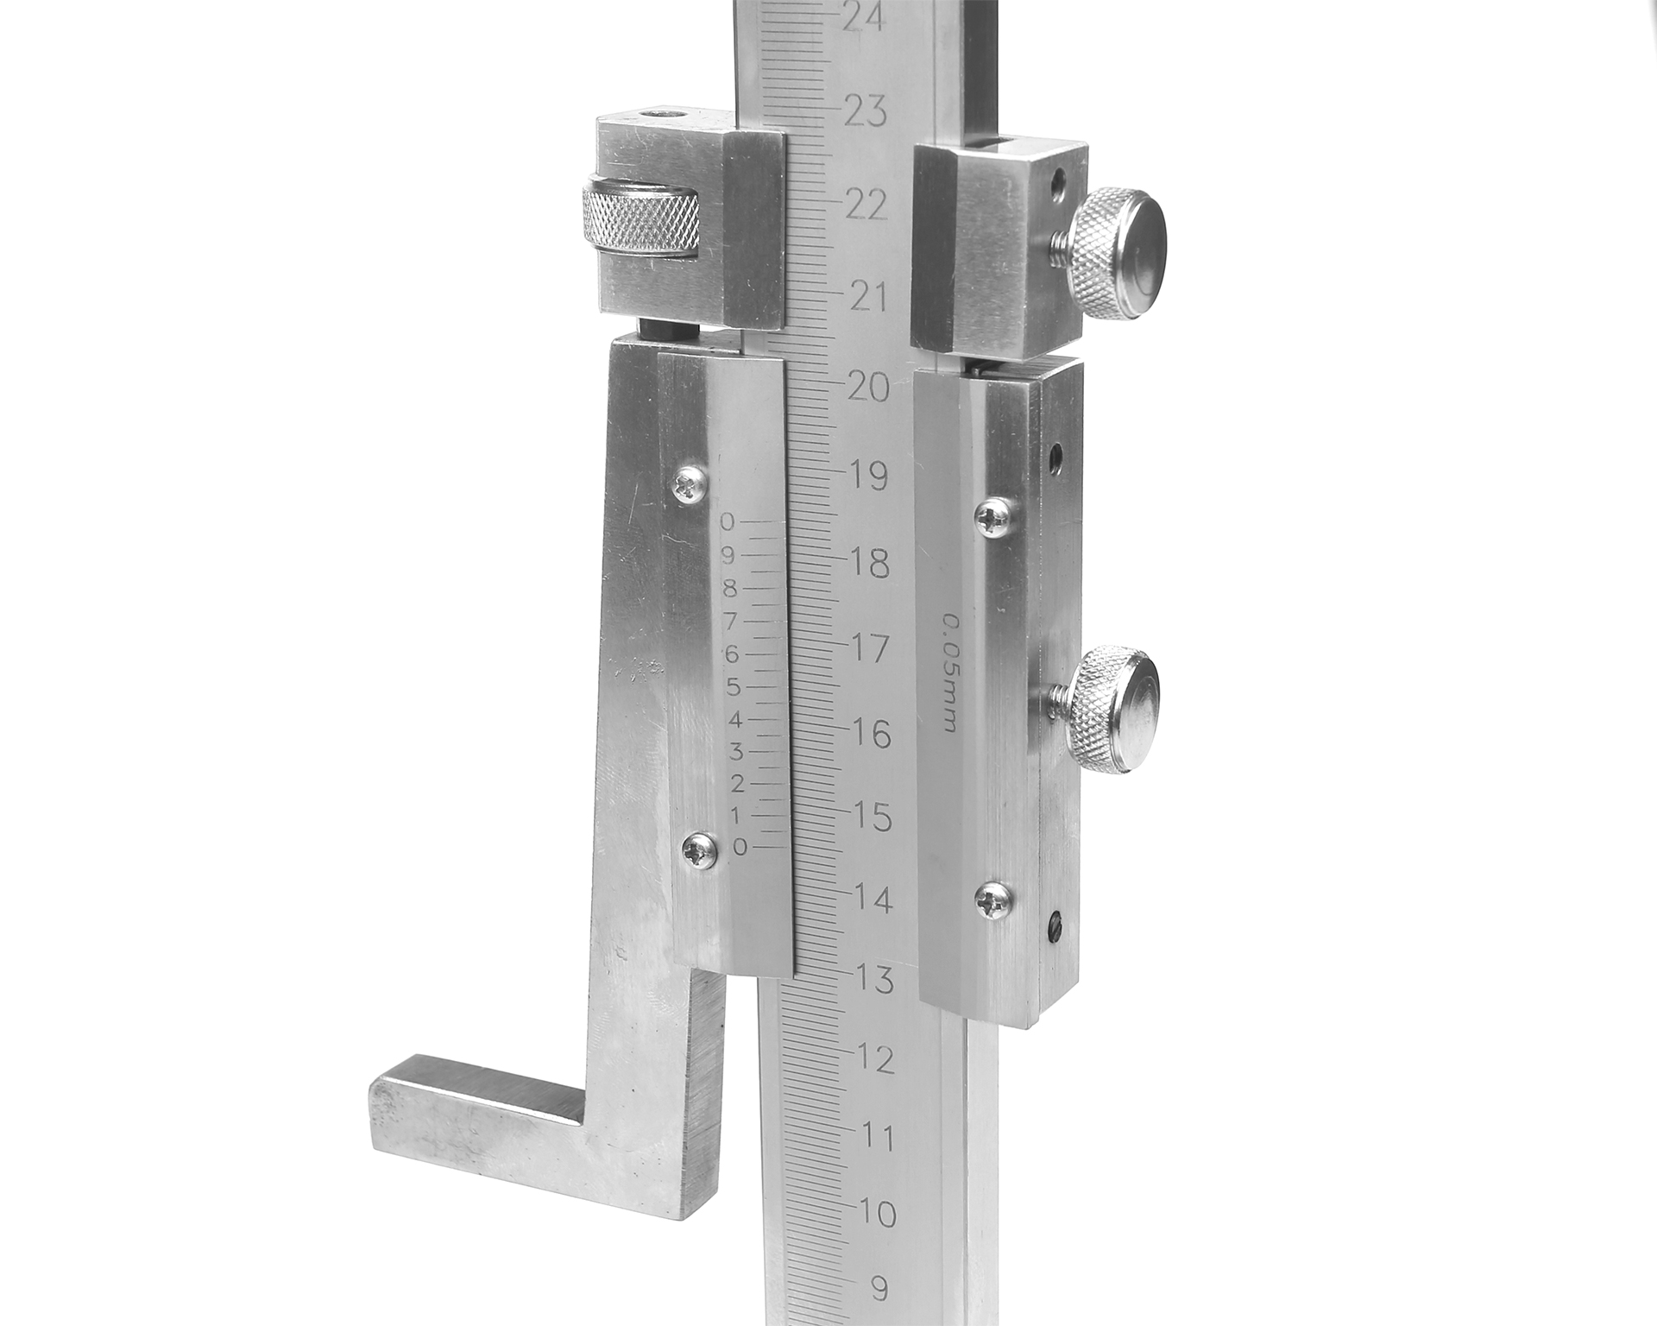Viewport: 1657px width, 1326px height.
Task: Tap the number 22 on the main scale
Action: [x=866, y=205]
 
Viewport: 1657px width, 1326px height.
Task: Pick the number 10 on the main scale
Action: [x=878, y=1214]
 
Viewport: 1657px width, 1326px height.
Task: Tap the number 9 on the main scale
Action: [x=879, y=1289]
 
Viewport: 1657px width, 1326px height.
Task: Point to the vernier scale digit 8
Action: [x=730, y=590]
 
